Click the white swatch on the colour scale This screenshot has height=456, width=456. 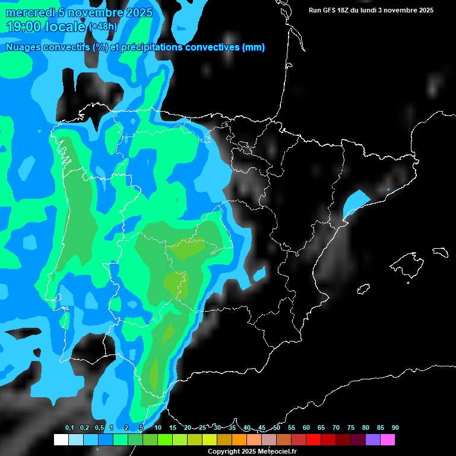[61, 439]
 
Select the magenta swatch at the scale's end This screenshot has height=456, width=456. [388, 439]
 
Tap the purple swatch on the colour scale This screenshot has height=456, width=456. [373, 439]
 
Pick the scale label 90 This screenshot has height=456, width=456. [395, 427]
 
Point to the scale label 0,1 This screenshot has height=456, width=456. [69, 427]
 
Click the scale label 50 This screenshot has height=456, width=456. [277, 427]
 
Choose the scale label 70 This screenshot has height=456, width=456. [336, 427]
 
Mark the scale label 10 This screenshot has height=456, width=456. [158, 427]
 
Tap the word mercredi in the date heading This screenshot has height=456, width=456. [30, 12]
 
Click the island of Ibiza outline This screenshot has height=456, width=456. [364, 290]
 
